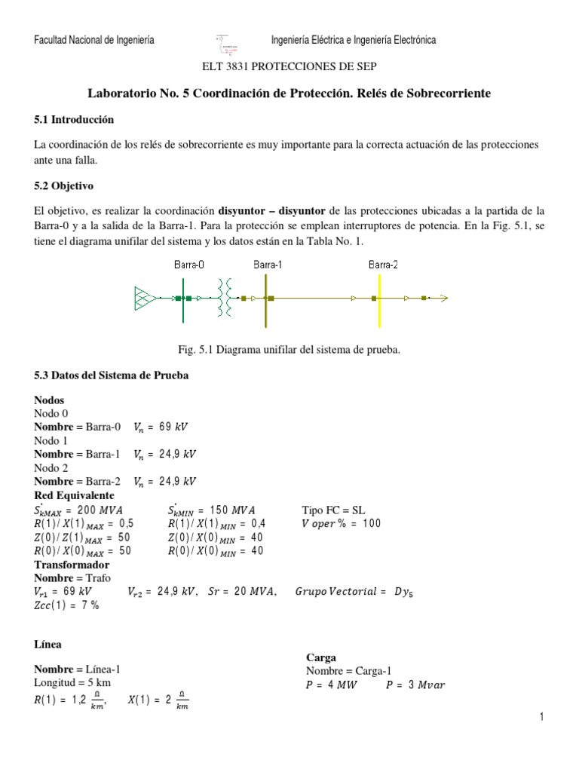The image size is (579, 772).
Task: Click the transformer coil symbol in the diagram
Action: [223, 298]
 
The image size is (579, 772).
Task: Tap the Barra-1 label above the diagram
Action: [268, 265]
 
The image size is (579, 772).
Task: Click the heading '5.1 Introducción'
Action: [74, 119]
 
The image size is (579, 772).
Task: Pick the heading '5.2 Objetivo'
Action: [63, 185]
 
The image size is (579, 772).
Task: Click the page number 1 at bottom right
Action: [541, 717]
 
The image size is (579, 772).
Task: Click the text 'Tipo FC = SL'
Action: [333, 510]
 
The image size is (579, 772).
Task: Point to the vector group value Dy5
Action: [403, 592]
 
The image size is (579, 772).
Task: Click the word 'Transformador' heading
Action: [72, 565]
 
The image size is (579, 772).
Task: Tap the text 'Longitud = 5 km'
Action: [72, 682]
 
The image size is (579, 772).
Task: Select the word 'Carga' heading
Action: [320, 657]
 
